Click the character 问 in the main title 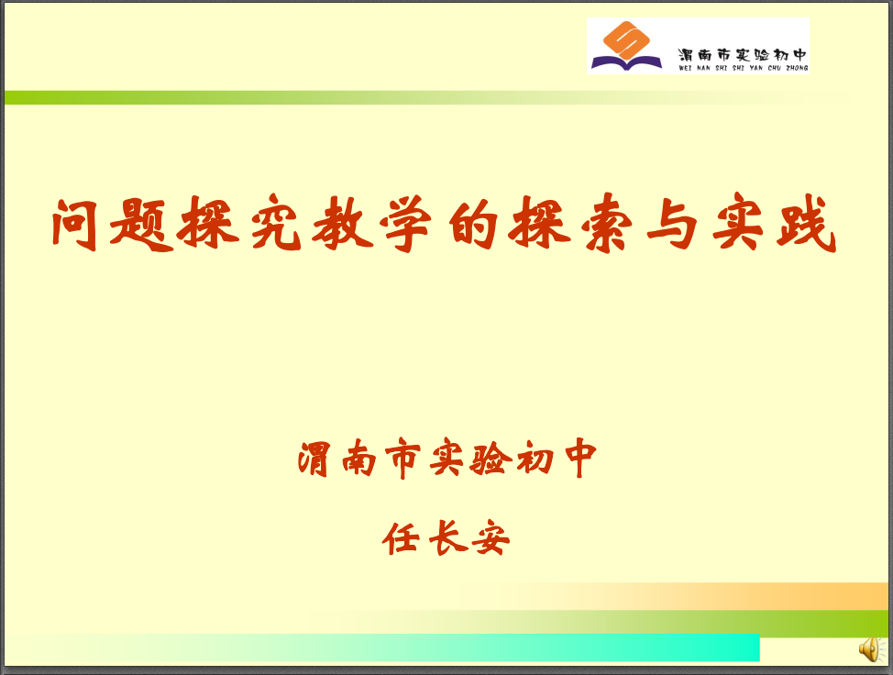pyautogui.click(x=75, y=224)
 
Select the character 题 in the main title pyautogui.click(x=141, y=224)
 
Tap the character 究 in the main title pyautogui.click(x=276, y=223)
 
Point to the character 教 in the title pyautogui.click(x=343, y=223)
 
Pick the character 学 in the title pyautogui.click(x=405, y=223)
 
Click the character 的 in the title pyautogui.click(x=474, y=224)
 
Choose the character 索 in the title pyautogui.click(x=607, y=223)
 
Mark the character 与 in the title pyautogui.click(x=673, y=224)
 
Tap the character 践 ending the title pyautogui.click(x=805, y=223)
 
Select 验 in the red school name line pyautogui.click(x=488, y=458)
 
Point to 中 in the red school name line pyautogui.click(x=580, y=458)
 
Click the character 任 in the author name pyautogui.click(x=401, y=537)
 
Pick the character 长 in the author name pyautogui.click(x=447, y=537)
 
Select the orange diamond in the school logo pyautogui.click(x=626, y=39)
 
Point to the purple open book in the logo pyautogui.click(x=626, y=62)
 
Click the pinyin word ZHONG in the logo pyautogui.click(x=797, y=69)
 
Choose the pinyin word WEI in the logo pyautogui.click(x=685, y=69)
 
